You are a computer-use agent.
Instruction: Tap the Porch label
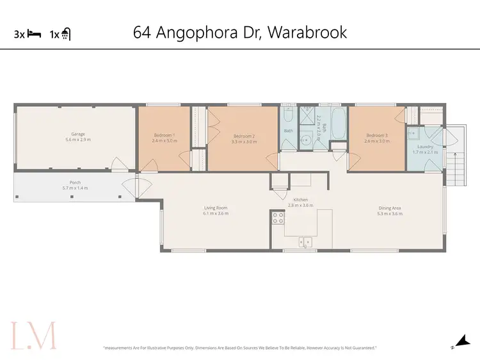coord(75,181)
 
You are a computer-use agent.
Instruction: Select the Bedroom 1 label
coord(164,135)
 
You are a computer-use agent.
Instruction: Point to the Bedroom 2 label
coord(244,136)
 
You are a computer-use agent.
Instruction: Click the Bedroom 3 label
coord(377,135)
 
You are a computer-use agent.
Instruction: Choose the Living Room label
coord(216,208)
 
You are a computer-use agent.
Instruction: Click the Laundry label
coord(425,146)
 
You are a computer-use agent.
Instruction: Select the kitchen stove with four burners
coord(278,220)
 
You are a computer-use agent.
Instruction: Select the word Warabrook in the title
coord(307,32)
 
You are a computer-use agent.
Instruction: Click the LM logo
coord(33,336)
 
